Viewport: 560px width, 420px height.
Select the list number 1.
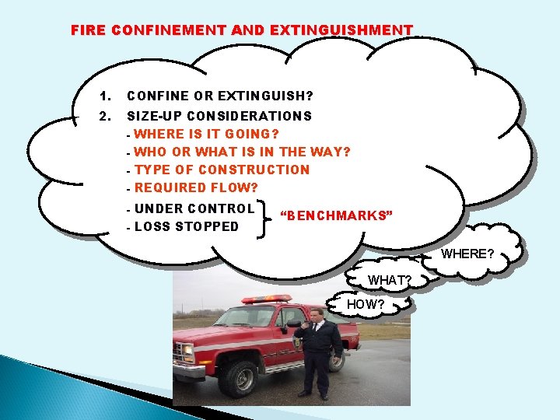point(106,96)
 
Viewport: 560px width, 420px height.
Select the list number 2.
point(106,116)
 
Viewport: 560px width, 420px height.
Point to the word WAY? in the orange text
point(331,151)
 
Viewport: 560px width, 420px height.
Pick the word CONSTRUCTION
point(254,170)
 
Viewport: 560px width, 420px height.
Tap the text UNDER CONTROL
point(194,208)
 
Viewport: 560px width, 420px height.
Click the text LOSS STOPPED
point(187,226)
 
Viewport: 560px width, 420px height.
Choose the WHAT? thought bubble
point(389,279)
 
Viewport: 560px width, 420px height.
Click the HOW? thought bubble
point(365,304)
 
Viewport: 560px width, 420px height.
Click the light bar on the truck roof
point(266,299)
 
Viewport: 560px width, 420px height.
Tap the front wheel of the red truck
point(240,377)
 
